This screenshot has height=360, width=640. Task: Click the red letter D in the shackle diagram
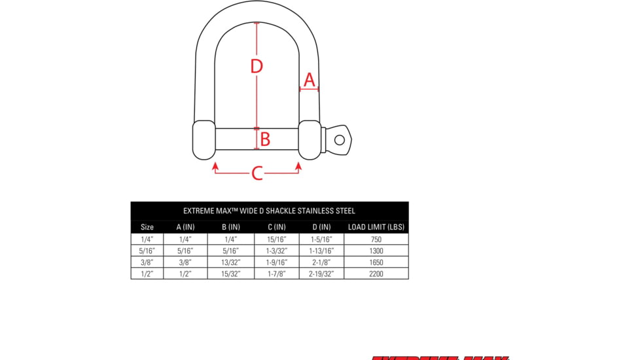257,66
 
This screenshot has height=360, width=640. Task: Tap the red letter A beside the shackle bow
310,80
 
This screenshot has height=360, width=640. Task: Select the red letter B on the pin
265,139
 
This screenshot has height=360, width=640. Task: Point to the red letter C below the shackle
257,173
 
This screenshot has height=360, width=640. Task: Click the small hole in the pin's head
339,139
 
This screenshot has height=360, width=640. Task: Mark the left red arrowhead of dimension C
215,167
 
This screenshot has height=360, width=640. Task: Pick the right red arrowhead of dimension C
298,167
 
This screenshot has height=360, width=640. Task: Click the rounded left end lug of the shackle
204,139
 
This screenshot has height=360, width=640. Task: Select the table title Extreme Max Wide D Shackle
269,211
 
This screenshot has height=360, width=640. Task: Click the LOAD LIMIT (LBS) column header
376,227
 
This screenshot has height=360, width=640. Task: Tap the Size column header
147,227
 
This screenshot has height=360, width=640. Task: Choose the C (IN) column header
276,227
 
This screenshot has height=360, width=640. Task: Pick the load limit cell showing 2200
376,274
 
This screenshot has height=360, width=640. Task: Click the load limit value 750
376,240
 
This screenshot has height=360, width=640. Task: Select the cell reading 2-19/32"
321,274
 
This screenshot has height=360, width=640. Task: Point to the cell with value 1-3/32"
276,251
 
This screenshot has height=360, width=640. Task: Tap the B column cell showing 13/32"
230,262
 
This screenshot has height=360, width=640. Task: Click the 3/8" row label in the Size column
147,262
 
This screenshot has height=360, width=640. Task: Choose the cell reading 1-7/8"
276,274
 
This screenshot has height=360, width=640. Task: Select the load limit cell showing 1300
376,251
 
